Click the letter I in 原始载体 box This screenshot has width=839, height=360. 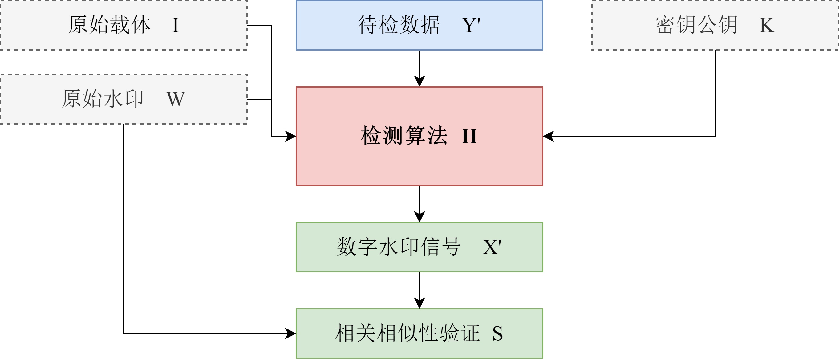pos(175,25)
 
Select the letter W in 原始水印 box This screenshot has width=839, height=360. pos(176,99)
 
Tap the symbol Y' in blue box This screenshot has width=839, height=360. pos(471,25)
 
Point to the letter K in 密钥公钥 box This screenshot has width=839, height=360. pos(767,25)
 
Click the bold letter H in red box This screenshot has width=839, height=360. pos(469,136)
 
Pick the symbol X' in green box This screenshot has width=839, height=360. pos(492,247)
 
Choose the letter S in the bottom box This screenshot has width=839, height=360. pos(497,333)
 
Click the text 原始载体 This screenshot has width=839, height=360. pos(109,25)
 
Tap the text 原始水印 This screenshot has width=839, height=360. pos(103,99)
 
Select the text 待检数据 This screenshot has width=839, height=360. pos(399,25)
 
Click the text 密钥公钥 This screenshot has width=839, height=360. pos(697,25)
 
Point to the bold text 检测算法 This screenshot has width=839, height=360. pos(404,136)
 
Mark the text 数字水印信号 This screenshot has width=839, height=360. pos(399,247)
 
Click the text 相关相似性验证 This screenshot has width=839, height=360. pos(407,333)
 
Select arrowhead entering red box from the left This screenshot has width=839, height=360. pos(290,136)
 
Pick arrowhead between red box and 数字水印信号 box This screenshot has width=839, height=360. pos(419,217)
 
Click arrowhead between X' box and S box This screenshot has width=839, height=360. pos(419,303)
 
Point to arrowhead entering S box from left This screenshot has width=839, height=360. pos(290,333)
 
